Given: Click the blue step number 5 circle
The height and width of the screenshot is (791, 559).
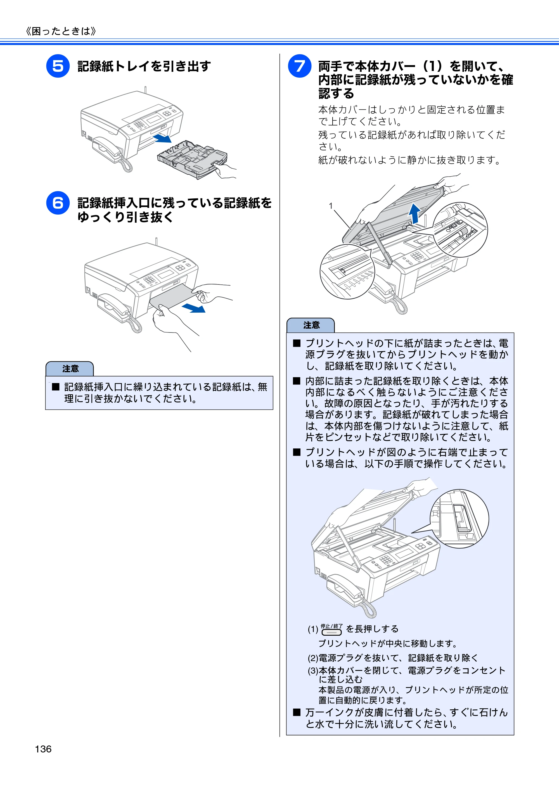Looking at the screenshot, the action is point(58,66).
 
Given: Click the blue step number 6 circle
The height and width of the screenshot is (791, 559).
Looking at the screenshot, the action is point(58,203).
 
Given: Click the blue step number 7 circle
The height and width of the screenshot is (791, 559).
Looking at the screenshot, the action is point(300,66).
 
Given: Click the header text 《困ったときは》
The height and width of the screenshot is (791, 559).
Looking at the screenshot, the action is point(61,31).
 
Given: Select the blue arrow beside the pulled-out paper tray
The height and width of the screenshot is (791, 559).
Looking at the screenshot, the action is point(162,138).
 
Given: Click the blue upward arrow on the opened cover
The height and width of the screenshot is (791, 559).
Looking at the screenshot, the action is point(414,213).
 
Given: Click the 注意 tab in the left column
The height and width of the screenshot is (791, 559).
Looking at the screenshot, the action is point(70,369).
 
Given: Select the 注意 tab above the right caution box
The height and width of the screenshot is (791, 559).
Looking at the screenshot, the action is point(311,325).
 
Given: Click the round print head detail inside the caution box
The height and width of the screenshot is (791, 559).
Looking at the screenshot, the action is point(459,519).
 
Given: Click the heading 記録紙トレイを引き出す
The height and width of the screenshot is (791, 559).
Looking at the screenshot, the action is point(144,66).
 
